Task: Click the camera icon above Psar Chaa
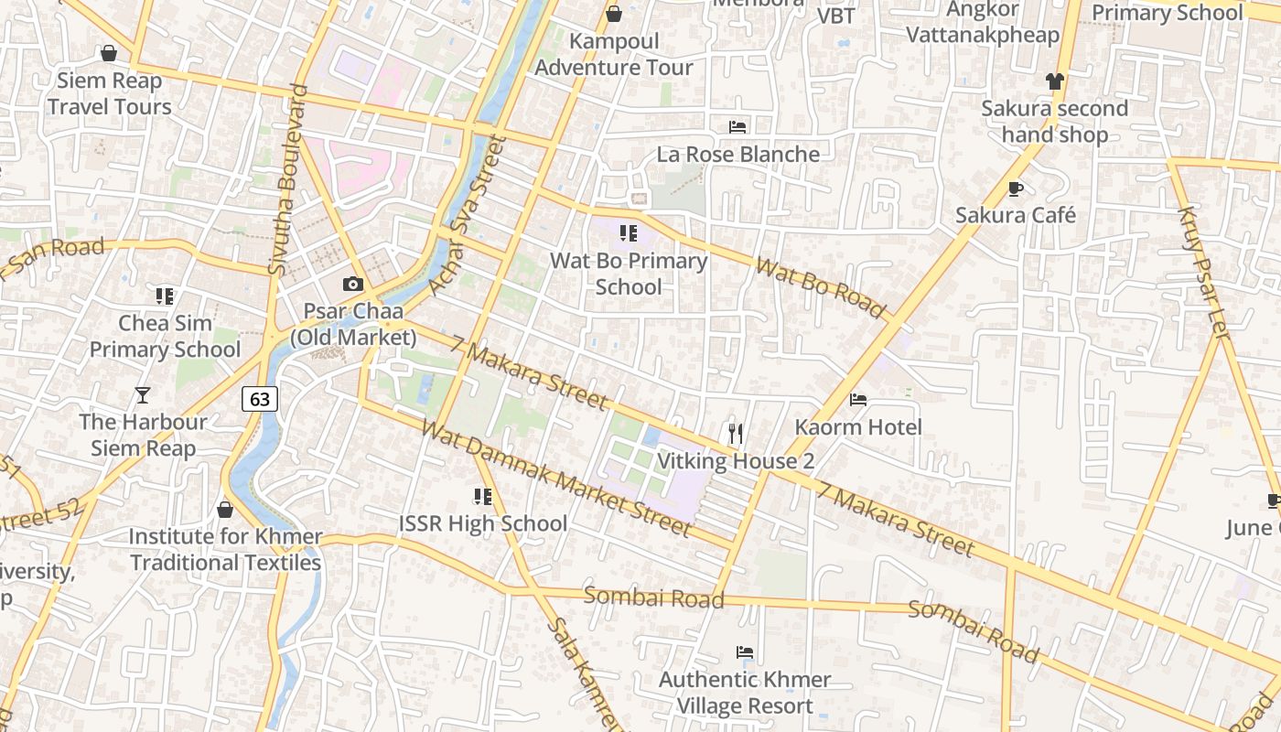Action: click(x=352, y=285)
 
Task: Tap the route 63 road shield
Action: click(x=260, y=399)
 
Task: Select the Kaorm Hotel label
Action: click(x=858, y=427)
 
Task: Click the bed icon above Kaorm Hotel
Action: click(x=858, y=399)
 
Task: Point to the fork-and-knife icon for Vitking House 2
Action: click(x=735, y=433)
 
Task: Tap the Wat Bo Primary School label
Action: click(x=629, y=274)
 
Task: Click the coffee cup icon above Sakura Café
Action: click(x=1015, y=188)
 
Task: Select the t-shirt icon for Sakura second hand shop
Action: click(x=1055, y=81)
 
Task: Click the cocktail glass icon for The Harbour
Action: click(x=142, y=395)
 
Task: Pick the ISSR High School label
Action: click(x=483, y=524)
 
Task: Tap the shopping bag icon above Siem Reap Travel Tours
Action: click(x=109, y=53)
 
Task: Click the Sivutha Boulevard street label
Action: click(x=288, y=180)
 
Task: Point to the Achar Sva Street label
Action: click(x=468, y=216)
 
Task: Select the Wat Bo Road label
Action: click(x=821, y=286)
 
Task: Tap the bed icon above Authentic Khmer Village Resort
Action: click(x=745, y=652)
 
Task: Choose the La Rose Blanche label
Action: click(x=738, y=154)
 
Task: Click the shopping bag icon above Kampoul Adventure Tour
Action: click(x=614, y=14)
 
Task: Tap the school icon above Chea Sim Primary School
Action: click(x=165, y=296)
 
